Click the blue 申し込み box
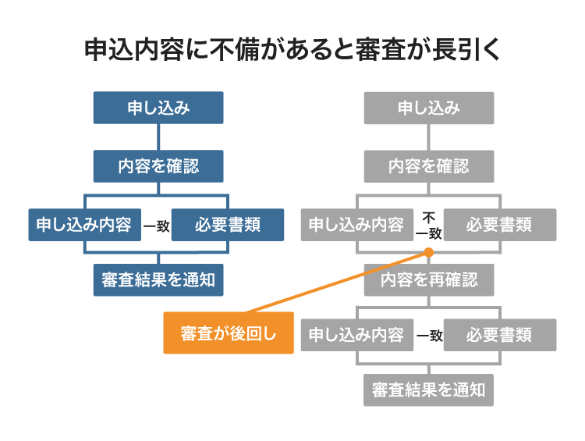pyautogui.click(x=158, y=108)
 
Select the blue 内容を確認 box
pyautogui.click(x=158, y=166)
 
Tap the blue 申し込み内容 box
pyautogui.click(x=84, y=225)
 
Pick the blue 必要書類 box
pyautogui.click(x=216, y=225)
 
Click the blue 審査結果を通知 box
pyautogui.click(x=158, y=278)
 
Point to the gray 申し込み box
pyautogui.click(x=429, y=108)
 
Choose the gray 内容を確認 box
pyautogui.click(x=429, y=166)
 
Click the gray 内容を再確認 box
pyautogui.click(x=429, y=278)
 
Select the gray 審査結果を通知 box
pyautogui.click(x=429, y=389)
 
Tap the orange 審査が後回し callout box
pyautogui.click(x=229, y=333)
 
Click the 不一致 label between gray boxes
pyautogui.click(x=428, y=225)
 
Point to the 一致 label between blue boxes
pyautogui.click(x=157, y=226)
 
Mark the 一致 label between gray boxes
pyautogui.click(x=429, y=336)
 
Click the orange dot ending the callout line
pyautogui.click(x=428, y=252)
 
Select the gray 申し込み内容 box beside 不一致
pyautogui.click(x=357, y=225)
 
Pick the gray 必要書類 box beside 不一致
pyautogui.click(x=499, y=225)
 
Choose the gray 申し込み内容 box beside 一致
pyautogui.click(x=357, y=335)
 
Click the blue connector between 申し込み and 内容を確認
pyautogui.click(x=158, y=137)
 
